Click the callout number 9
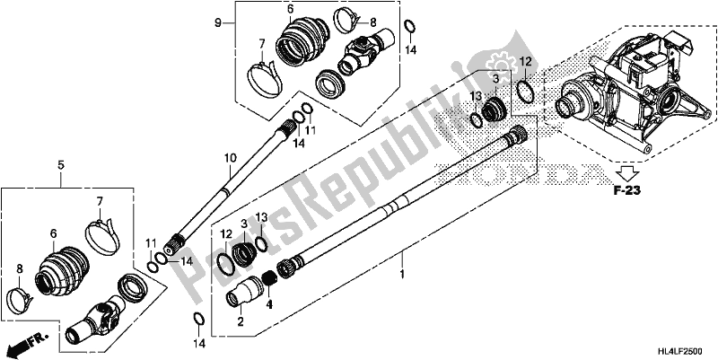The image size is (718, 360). (x=215, y=21)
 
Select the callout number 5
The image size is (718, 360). (x=61, y=164)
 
